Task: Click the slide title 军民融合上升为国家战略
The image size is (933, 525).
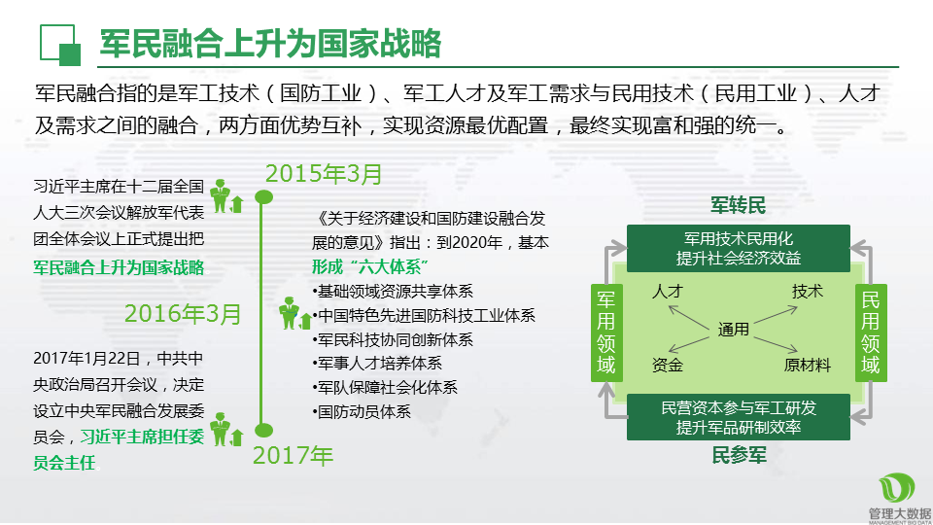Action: pos(270,44)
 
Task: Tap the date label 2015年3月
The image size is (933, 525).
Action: pos(323,174)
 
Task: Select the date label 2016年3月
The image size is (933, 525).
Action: pos(183,314)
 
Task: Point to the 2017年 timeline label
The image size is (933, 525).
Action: pos(293,455)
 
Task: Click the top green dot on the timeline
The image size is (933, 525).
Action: pos(263,197)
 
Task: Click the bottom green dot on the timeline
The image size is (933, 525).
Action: pos(263,430)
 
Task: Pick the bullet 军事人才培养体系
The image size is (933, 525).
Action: pos(377,363)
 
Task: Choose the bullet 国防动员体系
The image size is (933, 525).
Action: pos(362,411)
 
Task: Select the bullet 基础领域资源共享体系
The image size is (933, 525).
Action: pos(393,291)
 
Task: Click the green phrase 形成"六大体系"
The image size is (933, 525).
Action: pos(370,266)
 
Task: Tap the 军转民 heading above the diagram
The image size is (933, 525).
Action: pos(738,205)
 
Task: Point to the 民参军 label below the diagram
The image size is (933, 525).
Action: pos(739,455)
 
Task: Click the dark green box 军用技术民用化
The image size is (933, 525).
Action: pos(739,248)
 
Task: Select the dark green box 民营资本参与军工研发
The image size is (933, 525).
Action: pos(739,417)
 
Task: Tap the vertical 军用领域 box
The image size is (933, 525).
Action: pos(606,332)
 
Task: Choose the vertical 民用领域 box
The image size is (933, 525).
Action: pos(871,332)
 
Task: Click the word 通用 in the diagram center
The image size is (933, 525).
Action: pos(733,330)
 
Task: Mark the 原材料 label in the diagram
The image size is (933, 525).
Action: pos(807,365)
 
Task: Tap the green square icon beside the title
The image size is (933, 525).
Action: pos(60,45)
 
